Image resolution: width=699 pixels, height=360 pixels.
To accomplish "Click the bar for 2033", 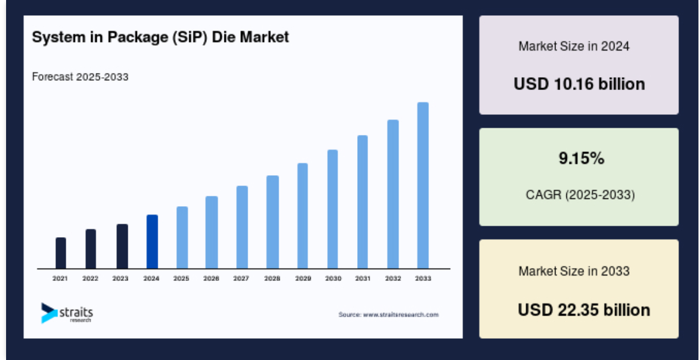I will (423, 185).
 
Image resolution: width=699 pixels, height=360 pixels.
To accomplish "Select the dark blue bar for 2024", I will (152, 241).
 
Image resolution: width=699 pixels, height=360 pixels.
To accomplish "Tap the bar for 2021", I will (61, 253).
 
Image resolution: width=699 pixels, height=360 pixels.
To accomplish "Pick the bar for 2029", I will (302, 216).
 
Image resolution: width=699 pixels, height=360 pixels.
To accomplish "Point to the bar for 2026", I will (212, 232).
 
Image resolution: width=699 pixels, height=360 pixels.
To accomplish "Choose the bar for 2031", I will (363, 202).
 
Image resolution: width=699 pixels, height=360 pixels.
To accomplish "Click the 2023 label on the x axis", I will (120, 279).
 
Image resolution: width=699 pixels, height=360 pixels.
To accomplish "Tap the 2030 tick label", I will (333, 279).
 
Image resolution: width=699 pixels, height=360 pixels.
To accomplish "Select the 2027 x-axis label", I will (242, 279).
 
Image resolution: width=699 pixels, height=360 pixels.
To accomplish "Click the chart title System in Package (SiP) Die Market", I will (160, 37).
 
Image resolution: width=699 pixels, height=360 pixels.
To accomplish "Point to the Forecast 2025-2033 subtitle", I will (80, 77).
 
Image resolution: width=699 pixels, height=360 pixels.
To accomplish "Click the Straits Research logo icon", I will (49, 313).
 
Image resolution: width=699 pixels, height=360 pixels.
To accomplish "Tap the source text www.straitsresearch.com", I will (388, 314).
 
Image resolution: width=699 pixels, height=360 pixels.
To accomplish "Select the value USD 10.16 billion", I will (579, 84).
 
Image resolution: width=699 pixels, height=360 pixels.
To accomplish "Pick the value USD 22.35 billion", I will (583, 310).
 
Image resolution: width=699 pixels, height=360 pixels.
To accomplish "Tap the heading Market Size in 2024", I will (574, 46).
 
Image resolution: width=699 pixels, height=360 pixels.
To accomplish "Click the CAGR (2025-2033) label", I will (580, 195).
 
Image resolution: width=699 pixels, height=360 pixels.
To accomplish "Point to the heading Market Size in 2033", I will (574, 271).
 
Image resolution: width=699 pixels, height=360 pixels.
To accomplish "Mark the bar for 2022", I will (91, 249).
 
